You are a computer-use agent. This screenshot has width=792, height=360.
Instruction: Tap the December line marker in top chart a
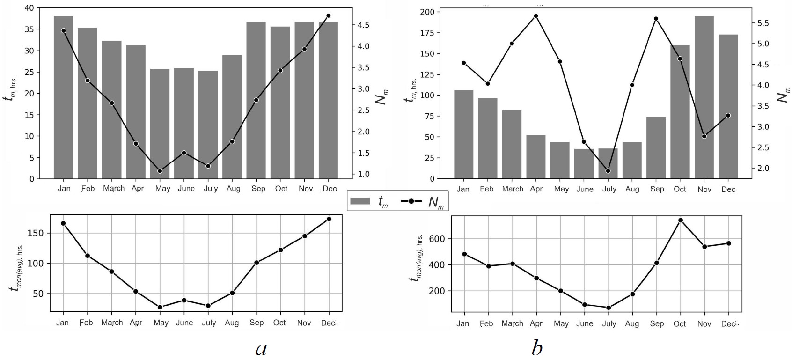coord(328,16)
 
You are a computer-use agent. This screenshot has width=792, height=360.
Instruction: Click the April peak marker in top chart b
coord(536,16)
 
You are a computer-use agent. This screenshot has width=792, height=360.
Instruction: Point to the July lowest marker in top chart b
coord(608,171)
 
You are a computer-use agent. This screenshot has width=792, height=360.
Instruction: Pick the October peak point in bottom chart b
coord(681,220)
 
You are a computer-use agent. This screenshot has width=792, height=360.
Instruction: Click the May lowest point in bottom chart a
coord(160,307)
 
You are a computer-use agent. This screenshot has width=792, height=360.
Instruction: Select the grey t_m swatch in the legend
coord(360,201)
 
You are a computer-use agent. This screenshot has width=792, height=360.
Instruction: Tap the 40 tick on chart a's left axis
coord(28,8)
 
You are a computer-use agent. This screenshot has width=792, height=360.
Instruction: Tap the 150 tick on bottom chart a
coord(37,233)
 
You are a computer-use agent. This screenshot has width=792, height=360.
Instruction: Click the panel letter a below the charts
coord(261,348)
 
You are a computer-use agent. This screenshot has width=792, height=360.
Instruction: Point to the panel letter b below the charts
coord(537,348)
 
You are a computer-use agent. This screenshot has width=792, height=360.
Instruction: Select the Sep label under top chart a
coord(258,189)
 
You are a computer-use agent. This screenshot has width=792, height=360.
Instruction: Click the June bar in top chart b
coord(584,163)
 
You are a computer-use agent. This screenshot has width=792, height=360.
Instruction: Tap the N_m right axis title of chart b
coord(783,95)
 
